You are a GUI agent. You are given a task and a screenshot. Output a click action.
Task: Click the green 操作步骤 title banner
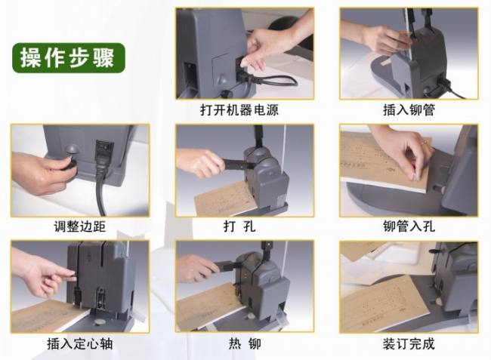(x=69, y=58)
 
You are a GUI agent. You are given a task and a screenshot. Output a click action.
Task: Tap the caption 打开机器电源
(x=239, y=110)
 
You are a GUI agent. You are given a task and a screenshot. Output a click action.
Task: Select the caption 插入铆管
(x=409, y=110)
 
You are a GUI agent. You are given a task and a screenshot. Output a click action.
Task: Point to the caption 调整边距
(x=80, y=226)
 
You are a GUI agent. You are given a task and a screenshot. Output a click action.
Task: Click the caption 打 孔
(x=239, y=226)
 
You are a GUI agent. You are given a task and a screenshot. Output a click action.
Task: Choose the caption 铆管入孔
(x=409, y=226)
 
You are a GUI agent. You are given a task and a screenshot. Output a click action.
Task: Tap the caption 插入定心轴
(x=80, y=343)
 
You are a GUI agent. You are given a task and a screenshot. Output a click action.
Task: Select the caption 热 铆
(x=245, y=343)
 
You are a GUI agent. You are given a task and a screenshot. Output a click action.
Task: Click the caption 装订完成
(x=409, y=343)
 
